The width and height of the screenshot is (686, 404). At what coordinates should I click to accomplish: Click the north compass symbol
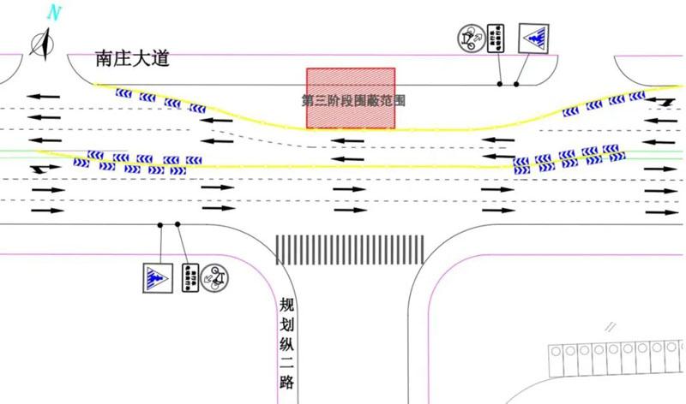pyautogui.click(x=41, y=42)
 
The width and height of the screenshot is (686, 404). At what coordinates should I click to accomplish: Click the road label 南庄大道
pyautogui.click(x=133, y=59)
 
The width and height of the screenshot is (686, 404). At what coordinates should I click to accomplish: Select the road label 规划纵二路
pyautogui.click(x=287, y=343)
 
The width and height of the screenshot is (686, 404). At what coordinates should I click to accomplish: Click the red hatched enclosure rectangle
pyautogui.click(x=351, y=98)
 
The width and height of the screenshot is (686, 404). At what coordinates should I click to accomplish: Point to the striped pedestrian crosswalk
pyautogui.click(x=350, y=248)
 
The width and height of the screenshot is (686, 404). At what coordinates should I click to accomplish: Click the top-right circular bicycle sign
pyautogui.click(x=470, y=38)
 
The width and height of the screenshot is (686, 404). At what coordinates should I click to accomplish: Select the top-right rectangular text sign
pyautogui.click(x=496, y=39)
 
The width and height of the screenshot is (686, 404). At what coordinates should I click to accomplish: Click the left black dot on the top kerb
pyautogui.click(x=500, y=84)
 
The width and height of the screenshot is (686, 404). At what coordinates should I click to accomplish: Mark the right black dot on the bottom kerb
pyautogui.click(x=178, y=224)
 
